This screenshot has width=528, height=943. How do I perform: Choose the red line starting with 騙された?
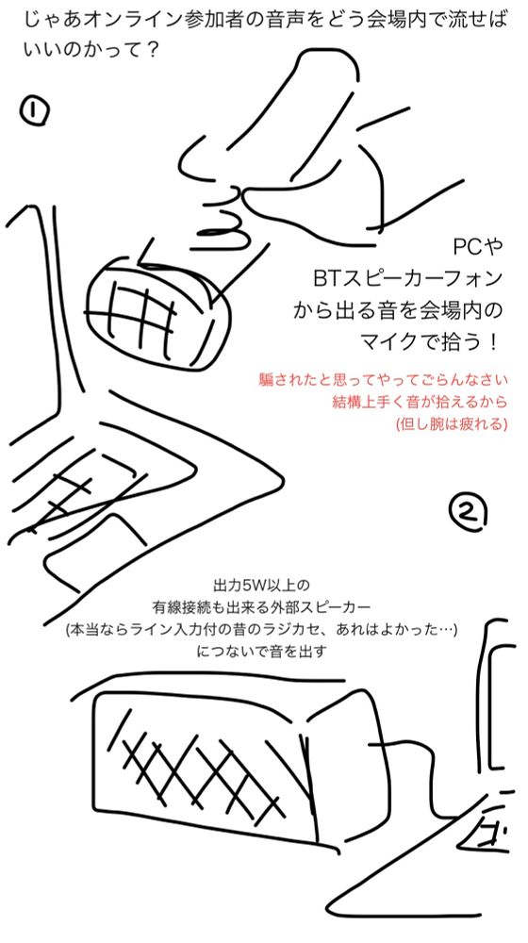[x=384, y=381]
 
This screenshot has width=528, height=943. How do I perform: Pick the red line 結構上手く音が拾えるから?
[x=420, y=403]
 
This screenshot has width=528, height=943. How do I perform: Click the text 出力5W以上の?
[x=261, y=584]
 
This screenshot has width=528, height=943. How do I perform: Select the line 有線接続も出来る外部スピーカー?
[x=261, y=606]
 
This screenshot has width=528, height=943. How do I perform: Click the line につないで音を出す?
[x=261, y=652]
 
